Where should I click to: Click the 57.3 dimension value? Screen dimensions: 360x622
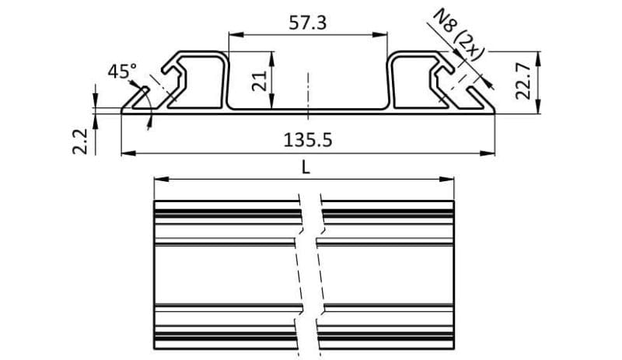click(x=308, y=23)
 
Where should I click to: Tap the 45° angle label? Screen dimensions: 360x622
click(x=121, y=72)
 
